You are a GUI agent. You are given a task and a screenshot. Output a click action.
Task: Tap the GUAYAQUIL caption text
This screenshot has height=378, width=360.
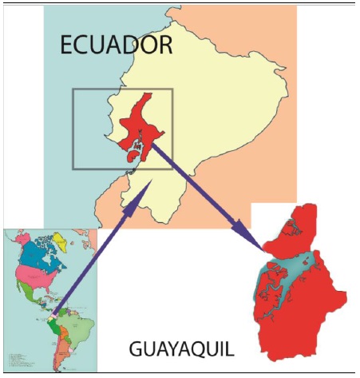(181, 349)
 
